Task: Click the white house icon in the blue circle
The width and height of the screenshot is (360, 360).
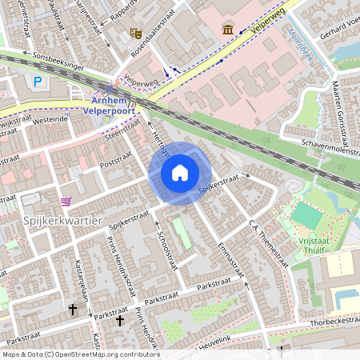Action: (x=180, y=172)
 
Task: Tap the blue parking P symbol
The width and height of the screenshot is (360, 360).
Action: (x=39, y=81)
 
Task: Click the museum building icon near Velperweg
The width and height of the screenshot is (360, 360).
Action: (x=228, y=29)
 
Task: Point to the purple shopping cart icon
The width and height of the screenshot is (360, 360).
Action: (x=66, y=201)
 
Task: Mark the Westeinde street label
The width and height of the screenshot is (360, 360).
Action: (x=50, y=120)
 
